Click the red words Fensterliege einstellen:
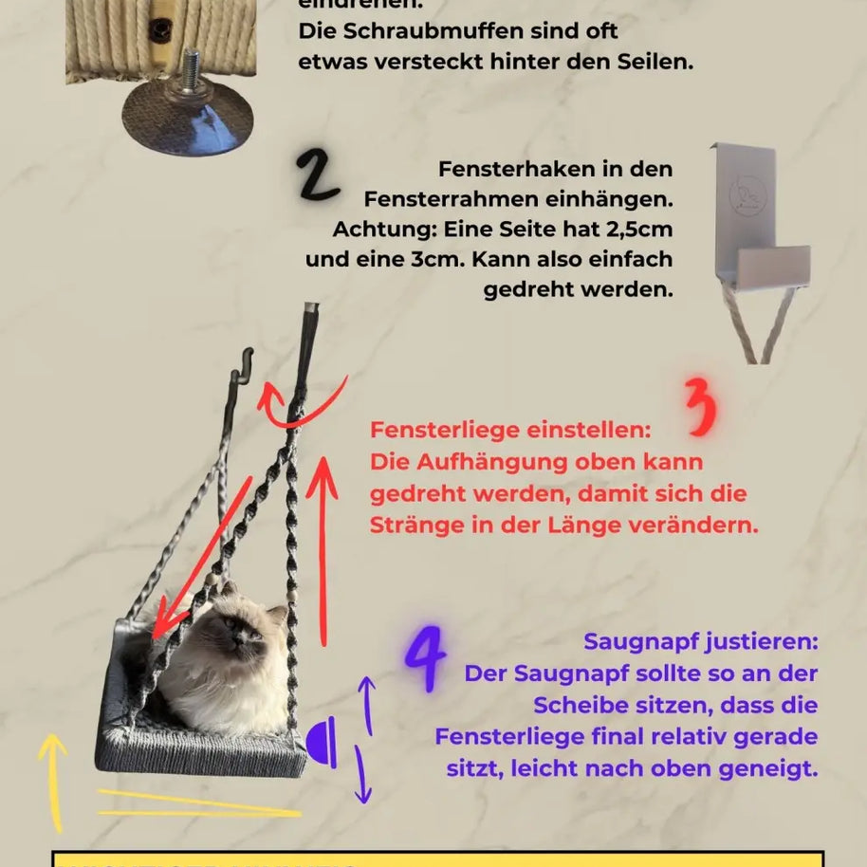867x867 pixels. pyautogui.click(x=510, y=430)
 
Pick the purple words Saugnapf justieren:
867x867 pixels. pyautogui.click(x=700, y=641)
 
